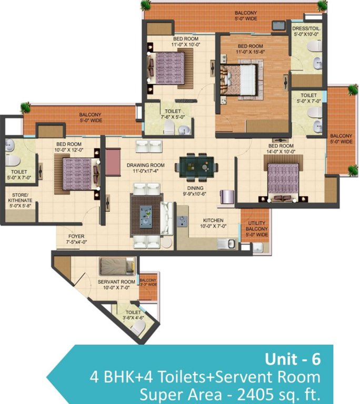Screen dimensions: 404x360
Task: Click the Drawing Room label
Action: (145, 165)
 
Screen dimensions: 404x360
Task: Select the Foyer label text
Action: (76, 236)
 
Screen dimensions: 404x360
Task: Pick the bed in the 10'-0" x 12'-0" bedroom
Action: (77, 174)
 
